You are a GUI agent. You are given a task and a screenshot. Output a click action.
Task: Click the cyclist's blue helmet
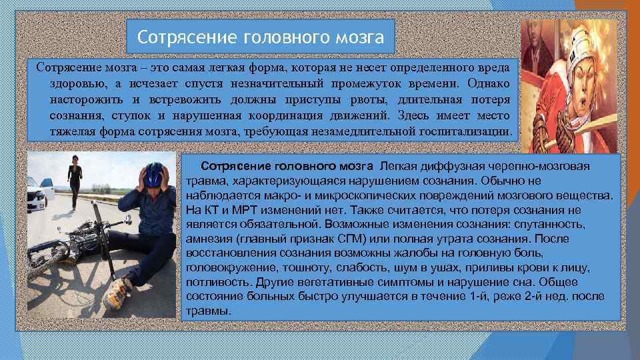pyautogui.click(x=153, y=174)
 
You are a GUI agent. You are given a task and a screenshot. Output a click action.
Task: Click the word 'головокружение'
pyautogui.click(x=233, y=268)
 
